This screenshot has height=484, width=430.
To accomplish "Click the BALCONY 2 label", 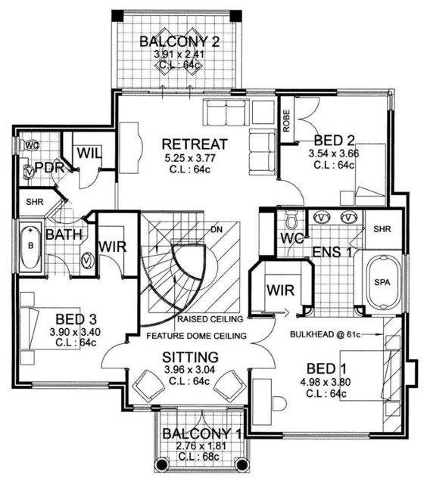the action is coord(179,42).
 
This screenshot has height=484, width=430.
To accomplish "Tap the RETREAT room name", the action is coord(195,144).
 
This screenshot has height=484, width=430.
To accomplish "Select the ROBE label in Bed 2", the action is coord(287,121).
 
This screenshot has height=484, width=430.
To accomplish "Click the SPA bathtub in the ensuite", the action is coord(382,282).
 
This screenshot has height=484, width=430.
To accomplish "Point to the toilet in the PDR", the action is coord(30,145).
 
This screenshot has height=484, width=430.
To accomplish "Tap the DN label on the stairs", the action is coord(217,229).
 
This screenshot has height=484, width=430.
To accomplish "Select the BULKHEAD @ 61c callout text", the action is coord(326,334).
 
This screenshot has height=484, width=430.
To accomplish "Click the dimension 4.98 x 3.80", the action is coord(326,383).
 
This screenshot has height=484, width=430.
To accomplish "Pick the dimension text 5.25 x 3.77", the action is coord(190,158).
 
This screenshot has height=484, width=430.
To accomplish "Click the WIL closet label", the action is coord(89,153).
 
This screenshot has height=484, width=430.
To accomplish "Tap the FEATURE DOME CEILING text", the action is coord(197,336).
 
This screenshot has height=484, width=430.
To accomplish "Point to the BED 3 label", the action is coord(76,319).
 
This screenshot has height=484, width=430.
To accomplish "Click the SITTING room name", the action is coord(190,357).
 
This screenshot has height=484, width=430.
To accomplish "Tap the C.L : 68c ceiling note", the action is coord(198,456).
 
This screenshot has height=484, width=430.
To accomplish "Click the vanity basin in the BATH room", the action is coord(88,260).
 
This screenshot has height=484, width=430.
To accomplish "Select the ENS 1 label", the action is coord(332,252).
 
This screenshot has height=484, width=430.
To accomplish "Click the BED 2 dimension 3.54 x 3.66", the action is coord(334,154).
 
